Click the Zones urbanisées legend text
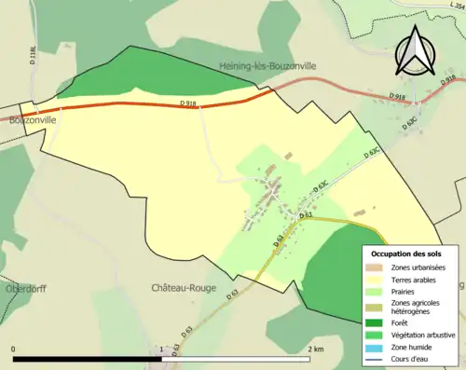point(418,267)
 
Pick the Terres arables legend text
point(415,280)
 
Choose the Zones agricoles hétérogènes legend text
point(416,308)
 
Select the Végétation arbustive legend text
point(422,336)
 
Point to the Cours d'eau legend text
point(413,359)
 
